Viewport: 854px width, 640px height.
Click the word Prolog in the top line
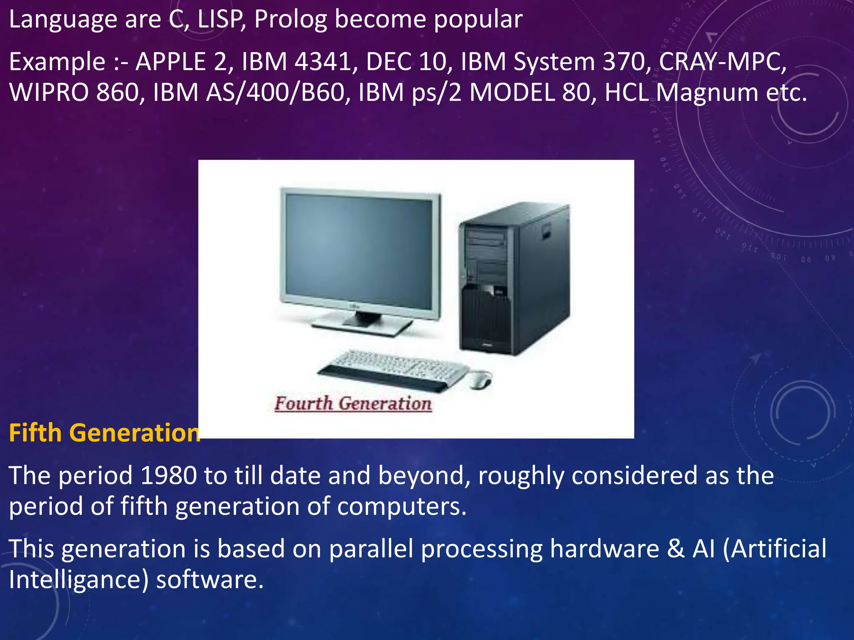tap(290, 20)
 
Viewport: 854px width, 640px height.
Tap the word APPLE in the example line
tap(171, 62)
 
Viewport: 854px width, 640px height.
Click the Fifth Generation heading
tap(104, 432)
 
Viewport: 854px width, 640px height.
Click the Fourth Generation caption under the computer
tap(353, 403)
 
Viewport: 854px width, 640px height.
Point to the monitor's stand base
tap(361, 325)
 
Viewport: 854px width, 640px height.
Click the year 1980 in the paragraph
tap(168, 475)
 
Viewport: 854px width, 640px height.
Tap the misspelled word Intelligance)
tap(78, 580)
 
